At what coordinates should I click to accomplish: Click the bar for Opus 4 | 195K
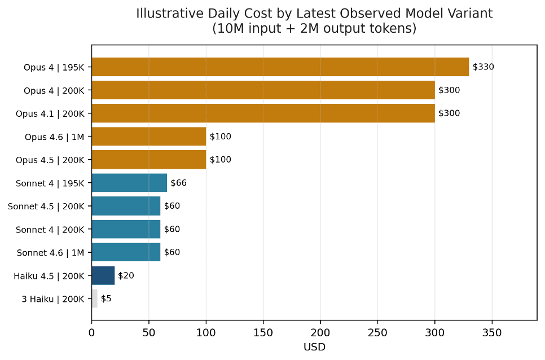(280, 67)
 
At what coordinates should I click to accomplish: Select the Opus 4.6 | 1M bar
(148, 137)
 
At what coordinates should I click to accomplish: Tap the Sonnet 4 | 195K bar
(129, 183)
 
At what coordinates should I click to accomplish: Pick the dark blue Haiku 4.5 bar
(103, 275)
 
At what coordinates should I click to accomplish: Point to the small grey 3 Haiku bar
(94, 298)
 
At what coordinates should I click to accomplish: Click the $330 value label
(483, 67)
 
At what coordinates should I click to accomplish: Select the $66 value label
(179, 183)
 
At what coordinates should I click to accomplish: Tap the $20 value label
(126, 275)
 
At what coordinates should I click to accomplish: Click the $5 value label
(106, 298)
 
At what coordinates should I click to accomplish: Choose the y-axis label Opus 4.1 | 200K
(50, 113)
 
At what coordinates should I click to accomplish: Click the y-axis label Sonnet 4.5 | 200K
(46, 207)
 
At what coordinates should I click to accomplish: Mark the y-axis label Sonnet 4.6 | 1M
(51, 253)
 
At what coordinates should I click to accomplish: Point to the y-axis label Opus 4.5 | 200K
(50, 160)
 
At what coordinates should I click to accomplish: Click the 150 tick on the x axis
(263, 333)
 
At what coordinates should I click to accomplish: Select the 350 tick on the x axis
(492, 333)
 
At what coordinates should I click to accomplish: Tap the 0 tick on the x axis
(92, 333)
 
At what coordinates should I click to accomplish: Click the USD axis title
(314, 347)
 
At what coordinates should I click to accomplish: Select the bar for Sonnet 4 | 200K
(126, 229)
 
